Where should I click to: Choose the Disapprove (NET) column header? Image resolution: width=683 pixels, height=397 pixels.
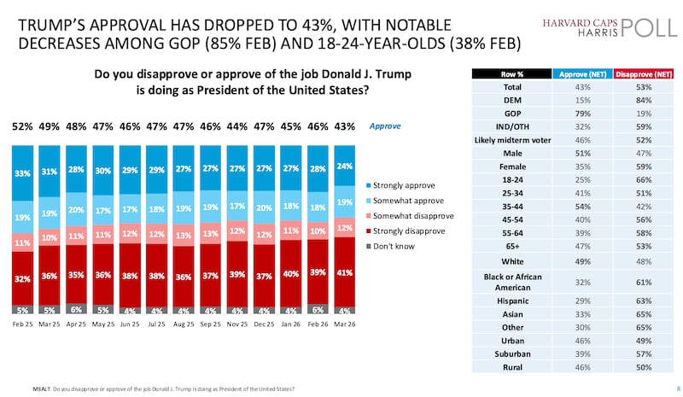pos(633,75)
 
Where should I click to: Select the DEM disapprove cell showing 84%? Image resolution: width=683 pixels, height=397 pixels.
pos(633,102)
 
